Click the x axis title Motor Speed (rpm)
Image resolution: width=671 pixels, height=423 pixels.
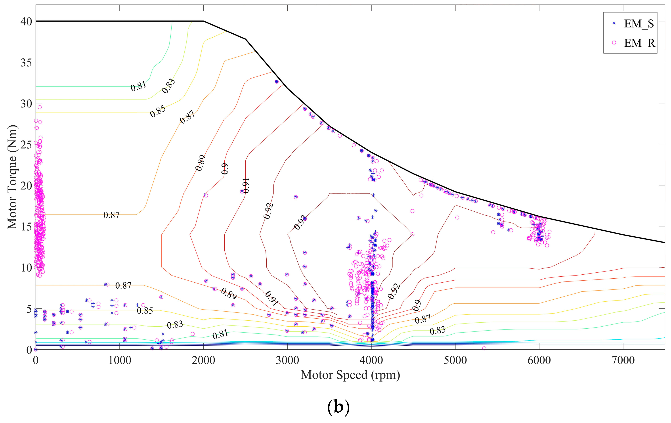(x=350, y=375)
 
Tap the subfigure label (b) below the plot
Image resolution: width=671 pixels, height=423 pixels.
(x=338, y=407)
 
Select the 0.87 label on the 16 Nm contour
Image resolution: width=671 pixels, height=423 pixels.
(x=111, y=215)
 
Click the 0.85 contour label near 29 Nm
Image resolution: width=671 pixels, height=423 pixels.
(x=158, y=111)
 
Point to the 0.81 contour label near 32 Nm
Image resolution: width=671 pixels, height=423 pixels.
(x=138, y=86)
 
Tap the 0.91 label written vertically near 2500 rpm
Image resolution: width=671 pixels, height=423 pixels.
(x=246, y=185)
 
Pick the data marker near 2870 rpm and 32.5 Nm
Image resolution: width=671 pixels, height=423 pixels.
(x=276, y=82)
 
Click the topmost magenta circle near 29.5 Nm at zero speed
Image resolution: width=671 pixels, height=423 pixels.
(x=40, y=107)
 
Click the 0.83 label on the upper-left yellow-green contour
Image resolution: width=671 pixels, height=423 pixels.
(x=169, y=86)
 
